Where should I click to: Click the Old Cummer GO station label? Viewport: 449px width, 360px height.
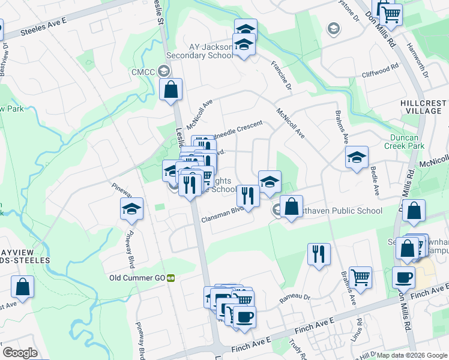(137, 278)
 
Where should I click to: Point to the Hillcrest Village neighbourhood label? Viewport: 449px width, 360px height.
(424, 107)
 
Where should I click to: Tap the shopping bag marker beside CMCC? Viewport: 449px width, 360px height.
(170, 90)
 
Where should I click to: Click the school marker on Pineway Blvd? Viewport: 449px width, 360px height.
(131, 209)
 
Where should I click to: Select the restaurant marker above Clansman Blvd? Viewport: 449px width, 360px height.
(247, 196)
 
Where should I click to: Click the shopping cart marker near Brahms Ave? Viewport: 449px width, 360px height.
(360, 278)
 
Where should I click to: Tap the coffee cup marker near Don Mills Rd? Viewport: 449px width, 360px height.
(403, 278)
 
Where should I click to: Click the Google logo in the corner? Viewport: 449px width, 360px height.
(20, 353)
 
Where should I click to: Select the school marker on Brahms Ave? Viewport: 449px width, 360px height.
(357, 158)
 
